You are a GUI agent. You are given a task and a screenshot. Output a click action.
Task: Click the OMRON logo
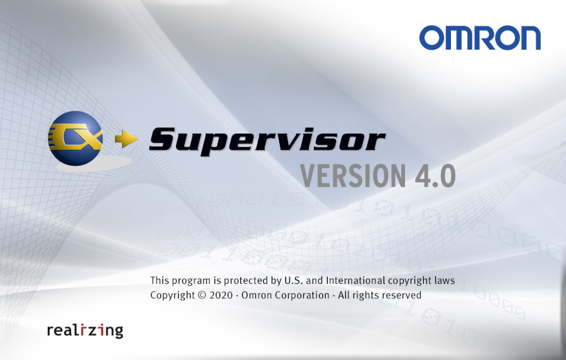click(x=480, y=37)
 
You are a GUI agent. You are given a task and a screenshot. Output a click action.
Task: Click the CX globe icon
click(x=75, y=139)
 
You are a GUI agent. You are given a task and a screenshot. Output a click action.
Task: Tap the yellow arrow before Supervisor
click(x=126, y=140)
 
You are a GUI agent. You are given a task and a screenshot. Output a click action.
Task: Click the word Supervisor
click(x=267, y=138)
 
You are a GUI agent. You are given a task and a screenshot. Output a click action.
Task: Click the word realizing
click(x=85, y=330)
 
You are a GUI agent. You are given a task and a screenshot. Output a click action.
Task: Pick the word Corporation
click(x=299, y=295)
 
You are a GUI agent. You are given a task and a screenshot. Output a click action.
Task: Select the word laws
click(x=444, y=280)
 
